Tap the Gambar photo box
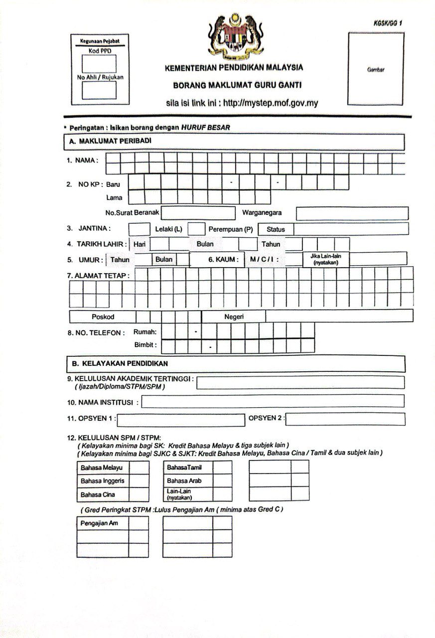[376, 69]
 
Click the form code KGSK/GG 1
[387, 23]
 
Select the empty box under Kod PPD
[99, 64]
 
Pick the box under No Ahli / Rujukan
[99, 90]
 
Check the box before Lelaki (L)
[139, 229]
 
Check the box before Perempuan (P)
[196, 229]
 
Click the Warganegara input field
[352, 213]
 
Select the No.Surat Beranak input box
[198, 213]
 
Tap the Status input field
[351, 229]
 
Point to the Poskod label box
[103, 317]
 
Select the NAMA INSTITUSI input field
[273, 401]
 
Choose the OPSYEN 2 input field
[345, 419]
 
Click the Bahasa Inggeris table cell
[103, 481]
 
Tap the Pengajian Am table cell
[103, 523]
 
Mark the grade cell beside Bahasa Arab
[223, 481]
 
